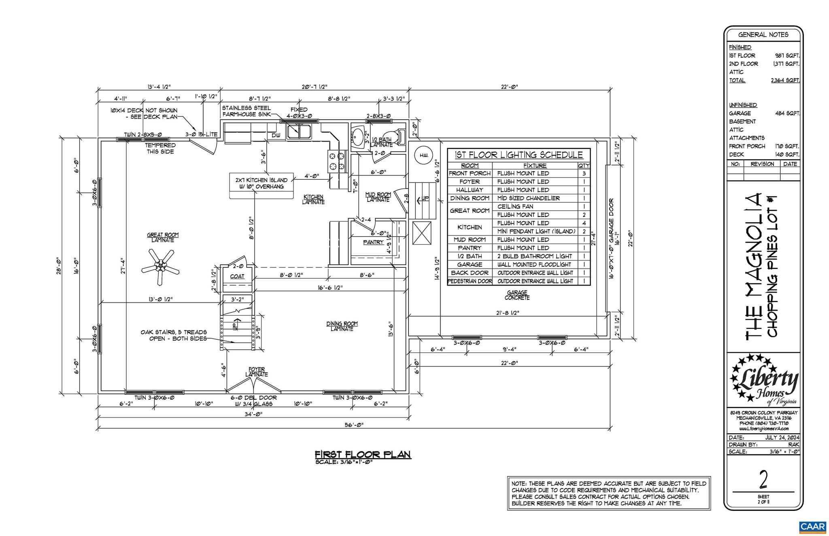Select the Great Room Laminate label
point(162,237)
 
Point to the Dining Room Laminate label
point(342,326)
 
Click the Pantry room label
point(373,242)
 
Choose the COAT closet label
point(237,276)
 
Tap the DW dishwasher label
point(275,136)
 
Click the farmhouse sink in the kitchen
point(299,131)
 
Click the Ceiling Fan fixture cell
point(515,206)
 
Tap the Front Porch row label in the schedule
point(470,173)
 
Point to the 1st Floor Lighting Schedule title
point(519,155)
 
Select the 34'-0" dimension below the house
point(253,414)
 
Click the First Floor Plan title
point(363,454)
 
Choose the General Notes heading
point(763,35)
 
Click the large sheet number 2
point(763,481)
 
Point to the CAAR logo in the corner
point(812,526)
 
